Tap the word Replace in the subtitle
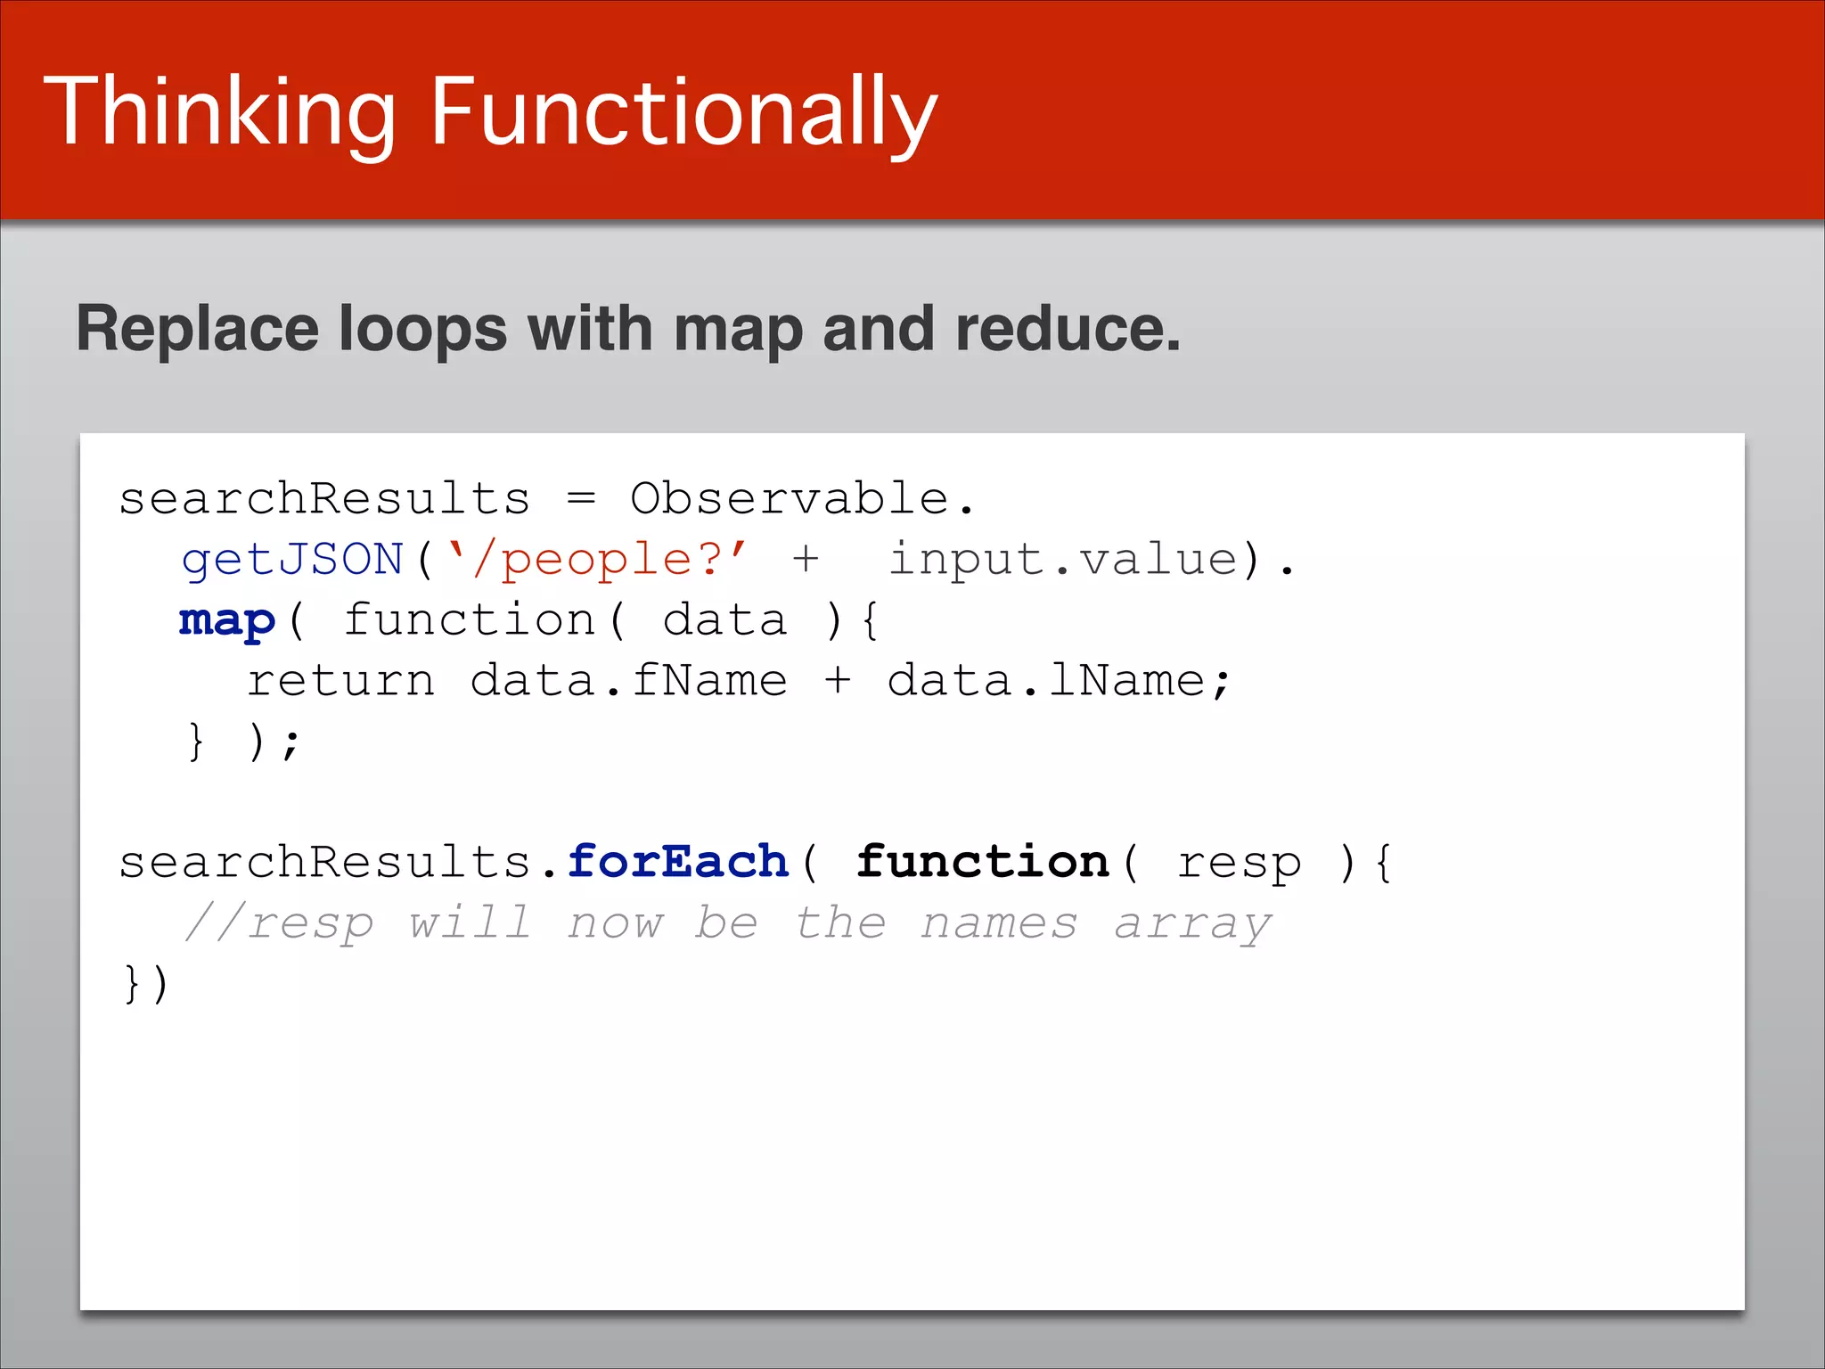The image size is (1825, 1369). pyautogui.click(x=197, y=329)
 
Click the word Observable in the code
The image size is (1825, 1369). pyautogui.click(x=789, y=498)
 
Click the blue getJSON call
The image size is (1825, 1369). pyautogui.click(x=292, y=560)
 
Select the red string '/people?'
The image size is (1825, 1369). pyautogui.click(x=595, y=560)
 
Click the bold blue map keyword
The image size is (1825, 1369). pyautogui.click(x=227, y=620)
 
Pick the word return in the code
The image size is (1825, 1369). pyautogui.click(x=341, y=681)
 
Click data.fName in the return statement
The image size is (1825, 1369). pyautogui.click(x=628, y=681)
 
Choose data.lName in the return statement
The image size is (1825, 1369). pyautogui.click(x=1046, y=681)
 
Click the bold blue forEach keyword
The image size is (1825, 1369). pyautogui.click(x=678, y=862)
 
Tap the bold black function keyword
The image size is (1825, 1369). pyautogui.click(x=982, y=862)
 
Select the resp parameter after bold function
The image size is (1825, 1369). pyautogui.click(x=1239, y=864)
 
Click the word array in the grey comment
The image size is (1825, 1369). pyautogui.click(x=1192, y=924)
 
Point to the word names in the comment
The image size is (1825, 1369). pyautogui.click(x=998, y=922)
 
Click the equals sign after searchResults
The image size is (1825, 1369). pyautogui.click(x=581, y=498)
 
